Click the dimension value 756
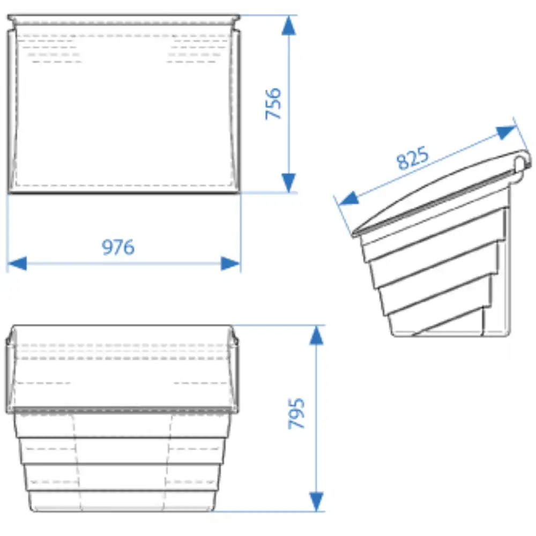click(x=273, y=103)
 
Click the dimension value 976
click(x=118, y=247)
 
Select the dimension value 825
click(x=413, y=158)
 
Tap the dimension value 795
click(x=296, y=413)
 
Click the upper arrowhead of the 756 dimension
click(x=289, y=25)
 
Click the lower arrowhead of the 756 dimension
click(x=289, y=183)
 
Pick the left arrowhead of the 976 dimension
click(x=17, y=264)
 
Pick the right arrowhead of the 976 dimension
click(x=230, y=264)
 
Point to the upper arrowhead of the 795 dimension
click(x=317, y=335)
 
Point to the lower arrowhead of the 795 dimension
click(x=317, y=502)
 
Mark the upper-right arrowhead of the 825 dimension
click(x=506, y=132)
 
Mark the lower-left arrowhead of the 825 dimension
click(x=349, y=199)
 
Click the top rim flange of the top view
click(x=124, y=18)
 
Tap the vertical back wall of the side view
click(x=508, y=260)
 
